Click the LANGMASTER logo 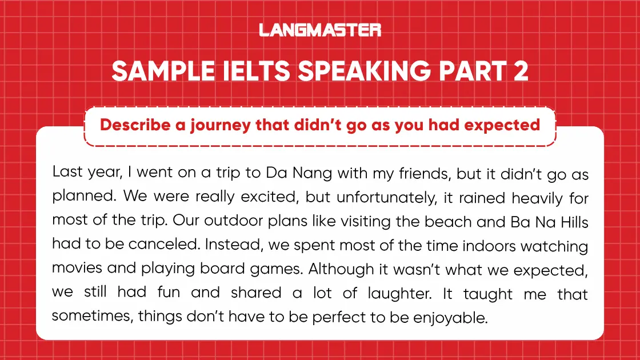click(320, 30)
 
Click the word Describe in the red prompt click(135, 125)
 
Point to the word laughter click(409, 294)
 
